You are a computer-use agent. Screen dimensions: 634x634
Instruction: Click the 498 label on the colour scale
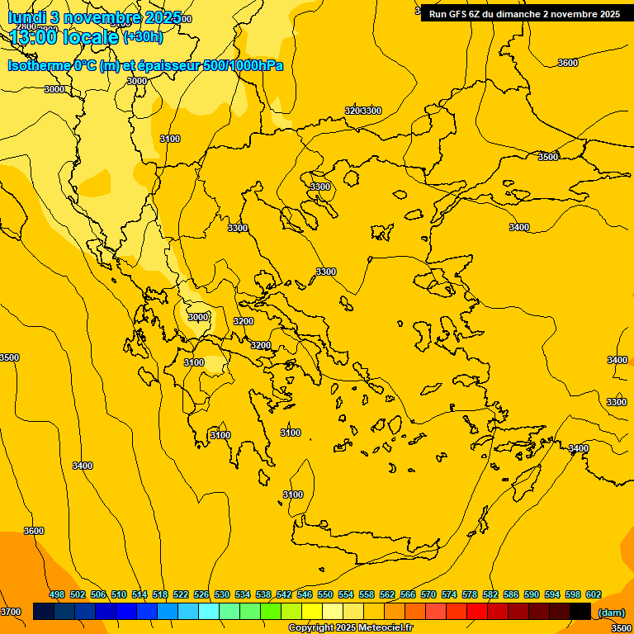click(x=57, y=594)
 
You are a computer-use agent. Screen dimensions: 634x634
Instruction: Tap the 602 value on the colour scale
click(x=594, y=594)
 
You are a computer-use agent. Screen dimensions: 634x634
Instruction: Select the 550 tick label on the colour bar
click(x=325, y=594)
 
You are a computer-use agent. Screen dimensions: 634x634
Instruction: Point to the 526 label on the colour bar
click(x=201, y=594)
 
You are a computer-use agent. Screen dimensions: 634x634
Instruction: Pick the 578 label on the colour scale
click(x=470, y=594)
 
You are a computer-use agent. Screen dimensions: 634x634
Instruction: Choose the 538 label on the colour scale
click(x=263, y=594)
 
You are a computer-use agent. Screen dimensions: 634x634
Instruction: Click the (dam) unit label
click(x=611, y=613)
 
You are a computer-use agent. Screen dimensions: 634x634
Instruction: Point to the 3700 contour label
click(x=11, y=612)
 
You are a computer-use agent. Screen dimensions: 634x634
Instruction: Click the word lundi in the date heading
click(x=26, y=17)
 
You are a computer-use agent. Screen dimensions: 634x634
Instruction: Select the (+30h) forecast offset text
click(x=142, y=37)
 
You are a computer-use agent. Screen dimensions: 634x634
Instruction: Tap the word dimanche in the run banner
click(x=515, y=14)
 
